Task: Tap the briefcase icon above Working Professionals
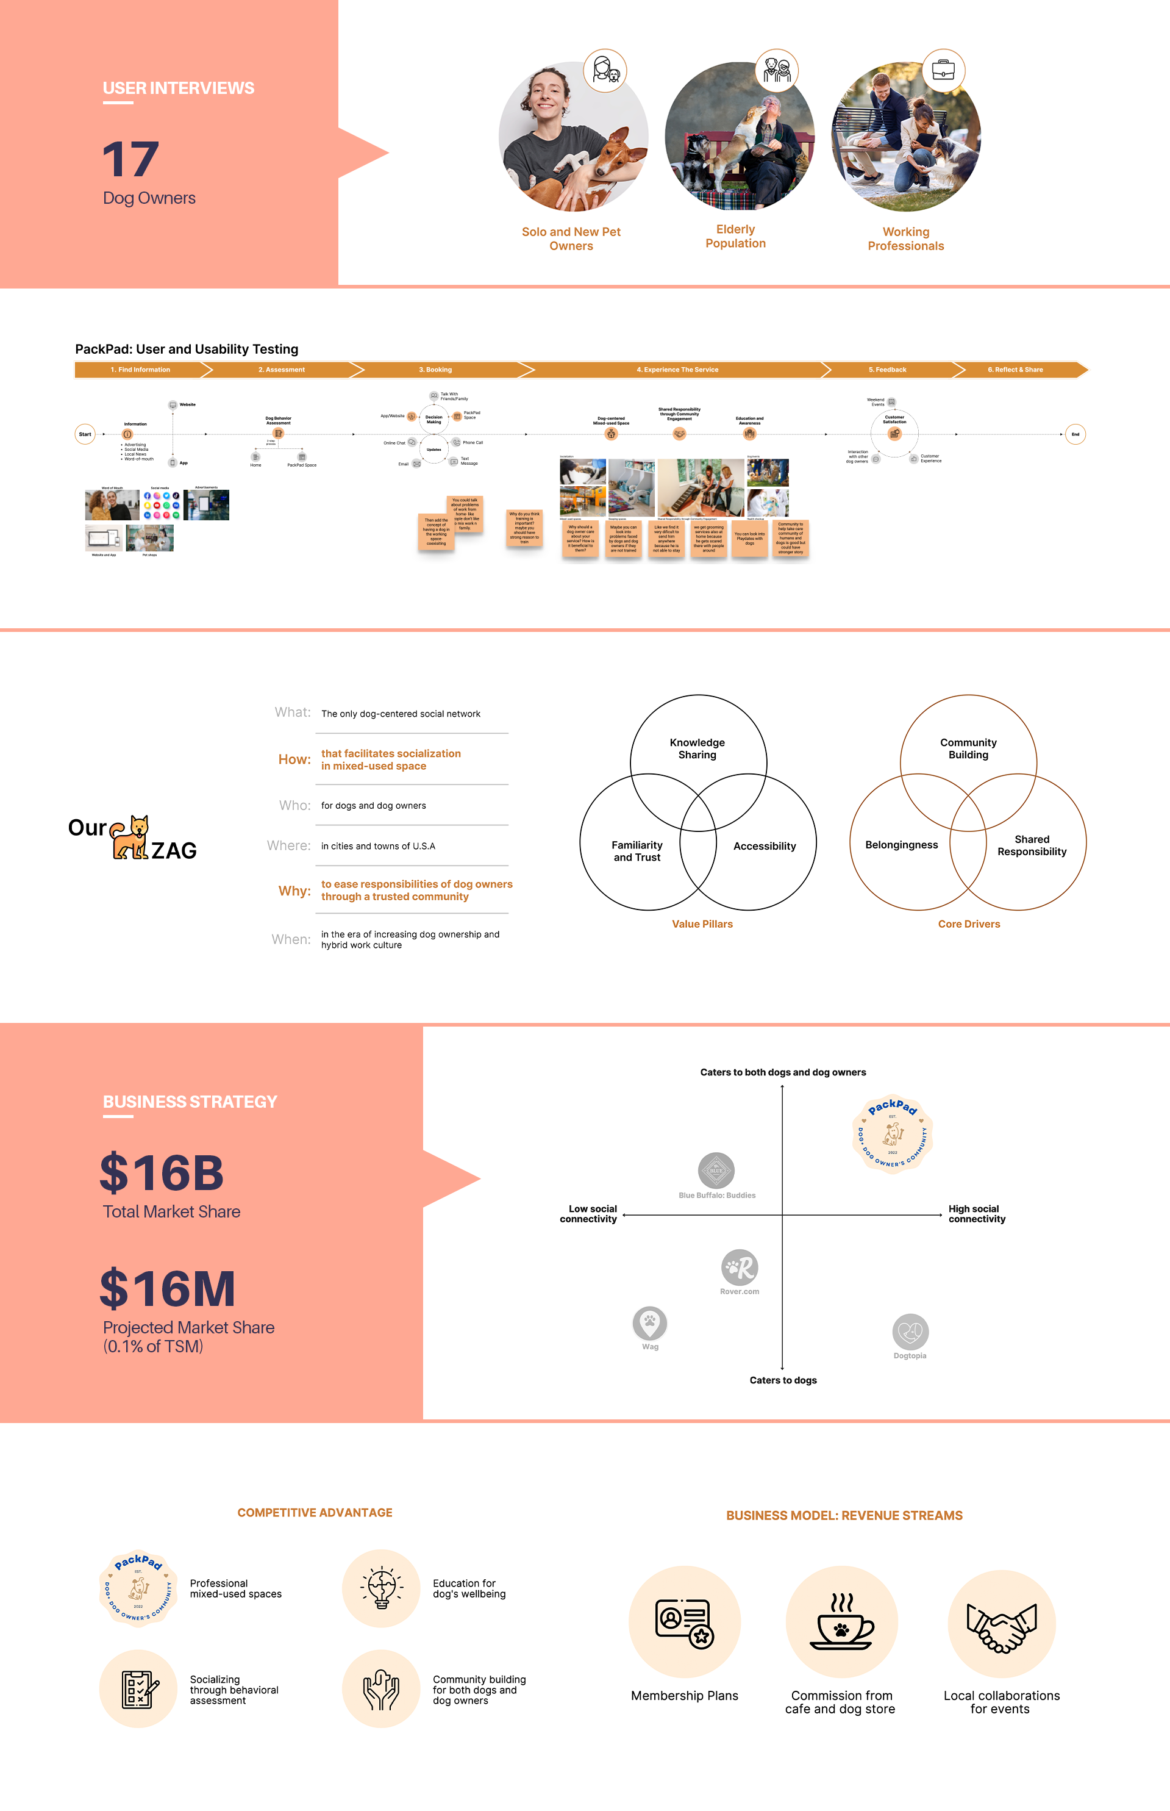point(943,71)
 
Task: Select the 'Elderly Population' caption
point(735,236)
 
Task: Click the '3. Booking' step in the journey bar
point(435,370)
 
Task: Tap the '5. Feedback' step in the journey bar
point(887,370)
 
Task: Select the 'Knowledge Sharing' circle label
point(697,748)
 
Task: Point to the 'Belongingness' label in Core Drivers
point(901,845)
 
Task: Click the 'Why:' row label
point(294,891)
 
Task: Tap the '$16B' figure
point(162,1172)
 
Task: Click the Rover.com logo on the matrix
point(739,1267)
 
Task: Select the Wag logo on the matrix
point(649,1323)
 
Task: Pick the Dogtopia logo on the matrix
point(910,1332)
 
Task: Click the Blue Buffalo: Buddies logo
point(716,1171)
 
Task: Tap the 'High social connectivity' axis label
point(976,1214)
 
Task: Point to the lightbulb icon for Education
point(382,1588)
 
